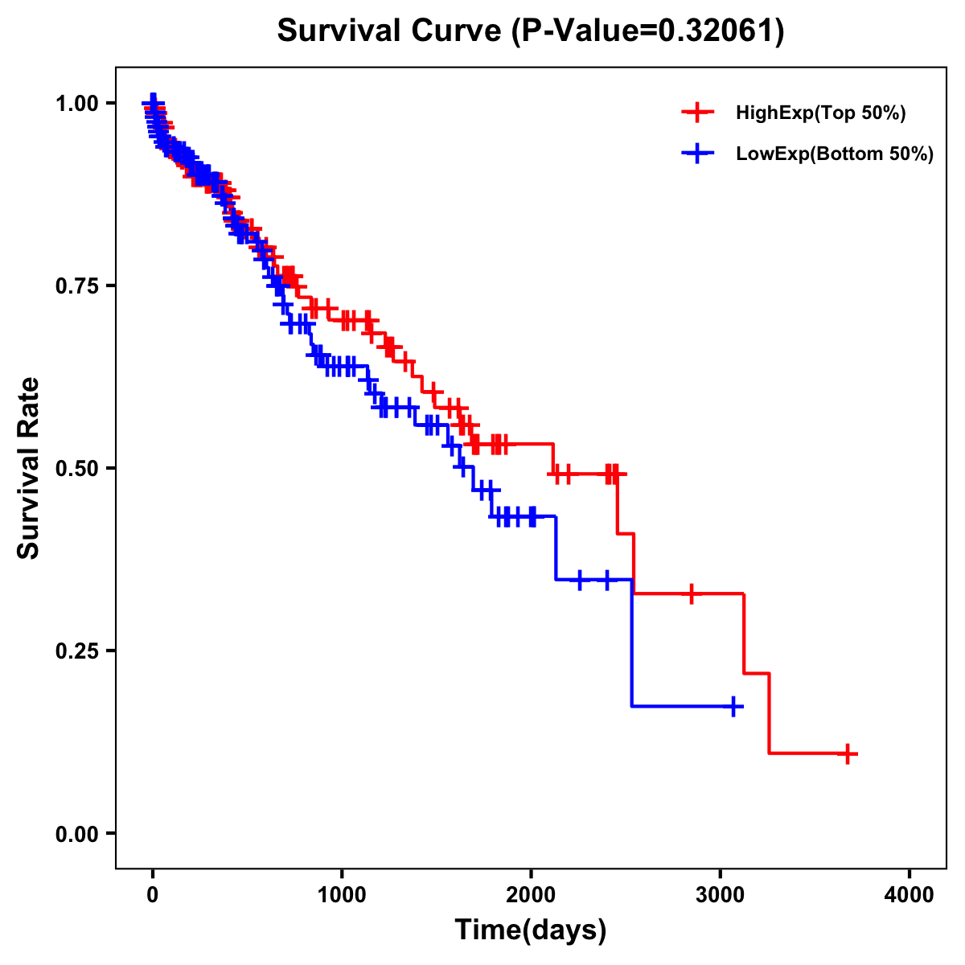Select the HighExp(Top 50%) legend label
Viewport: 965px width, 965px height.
tap(820, 113)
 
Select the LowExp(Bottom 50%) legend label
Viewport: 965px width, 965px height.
tap(835, 154)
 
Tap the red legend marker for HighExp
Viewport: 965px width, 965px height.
tap(697, 113)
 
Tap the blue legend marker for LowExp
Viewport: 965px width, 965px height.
tap(697, 154)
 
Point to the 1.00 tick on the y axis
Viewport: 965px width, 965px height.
tap(80, 103)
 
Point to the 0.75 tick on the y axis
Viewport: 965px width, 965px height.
tap(80, 285)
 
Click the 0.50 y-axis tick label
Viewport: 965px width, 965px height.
tap(80, 468)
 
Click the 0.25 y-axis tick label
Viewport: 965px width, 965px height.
tap(80, 651)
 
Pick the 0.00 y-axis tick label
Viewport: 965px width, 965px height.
tap(80, 833)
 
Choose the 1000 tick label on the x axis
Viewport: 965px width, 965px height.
tap(342, 895)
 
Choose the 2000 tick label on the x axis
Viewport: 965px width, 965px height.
tap(531, 895)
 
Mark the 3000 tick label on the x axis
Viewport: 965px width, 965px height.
tap(721, 895)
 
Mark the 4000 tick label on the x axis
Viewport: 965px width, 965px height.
tap(910, 895)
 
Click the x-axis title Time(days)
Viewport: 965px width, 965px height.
tap(531, 930)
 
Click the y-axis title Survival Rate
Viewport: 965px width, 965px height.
tap(29, 468)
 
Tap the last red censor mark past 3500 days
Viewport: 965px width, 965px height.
tap(848, 754)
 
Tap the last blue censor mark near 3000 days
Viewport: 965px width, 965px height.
tap(733, 706)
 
